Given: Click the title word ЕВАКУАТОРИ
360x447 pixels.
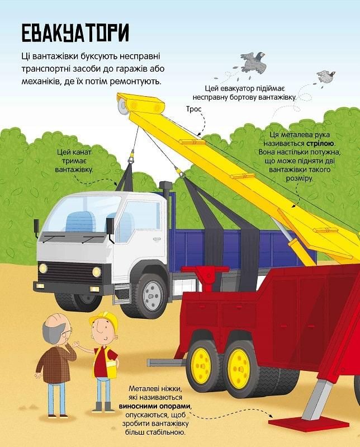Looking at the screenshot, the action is point(75,33).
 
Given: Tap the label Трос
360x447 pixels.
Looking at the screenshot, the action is point(193,109).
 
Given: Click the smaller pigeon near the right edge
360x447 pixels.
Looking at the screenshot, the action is point(326,77).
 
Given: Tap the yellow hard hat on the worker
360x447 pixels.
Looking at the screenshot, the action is point(105,319).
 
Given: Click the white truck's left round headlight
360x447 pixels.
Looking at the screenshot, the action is point(43,268).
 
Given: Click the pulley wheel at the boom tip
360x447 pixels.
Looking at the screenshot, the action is point(123,106).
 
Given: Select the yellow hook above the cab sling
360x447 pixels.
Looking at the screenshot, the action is point(131,158).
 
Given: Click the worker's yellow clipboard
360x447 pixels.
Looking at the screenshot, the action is point(111,368).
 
